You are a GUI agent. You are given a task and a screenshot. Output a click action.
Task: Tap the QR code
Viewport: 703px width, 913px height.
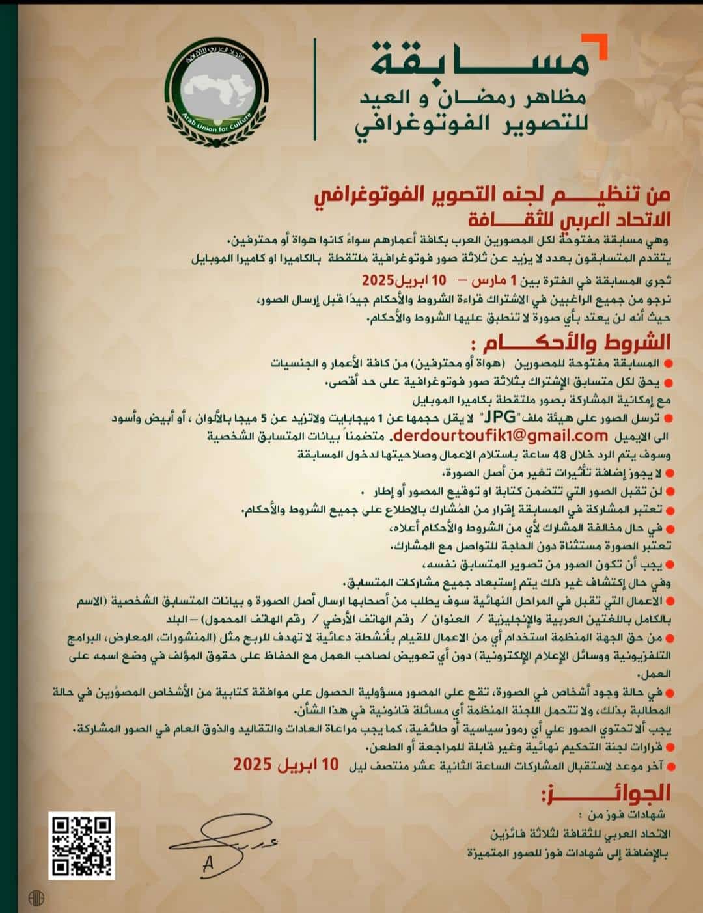(x=82, y=845)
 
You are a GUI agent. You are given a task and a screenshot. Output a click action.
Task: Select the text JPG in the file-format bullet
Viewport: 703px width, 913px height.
(x=508, y=416)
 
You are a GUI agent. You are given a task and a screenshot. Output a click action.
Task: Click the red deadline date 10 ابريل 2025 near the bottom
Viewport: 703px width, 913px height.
(x=286, y=765)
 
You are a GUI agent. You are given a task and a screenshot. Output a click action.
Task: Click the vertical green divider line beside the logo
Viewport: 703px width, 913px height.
(x=316, y=89)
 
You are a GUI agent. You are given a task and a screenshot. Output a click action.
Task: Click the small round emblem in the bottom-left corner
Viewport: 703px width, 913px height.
(x=36, y=897)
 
